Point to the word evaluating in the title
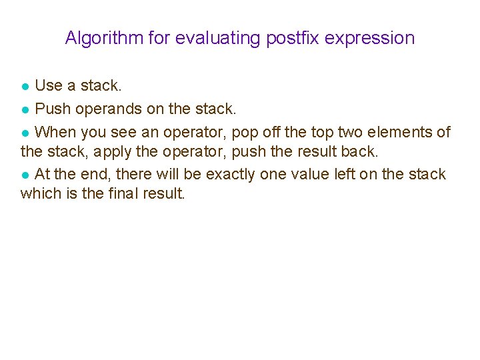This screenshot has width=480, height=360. pyautogui.click(x=218, y=38)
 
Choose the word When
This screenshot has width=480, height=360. pyautogui.click(x=55, y=131)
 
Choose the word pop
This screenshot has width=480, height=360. pyautogui.click(x=243, y=132)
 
